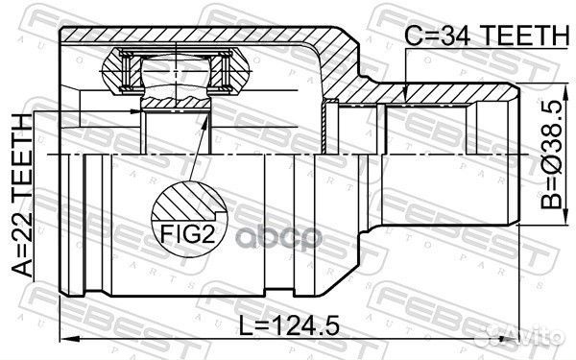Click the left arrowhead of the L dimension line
(x=66, y=337)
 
